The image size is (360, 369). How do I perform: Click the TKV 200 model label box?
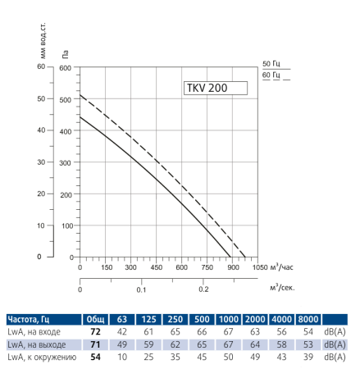(x=212, y=89)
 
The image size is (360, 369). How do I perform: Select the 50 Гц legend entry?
(x=270, y=63)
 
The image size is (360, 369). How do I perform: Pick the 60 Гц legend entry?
(x=270, y=75)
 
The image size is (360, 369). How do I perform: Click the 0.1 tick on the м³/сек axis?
(x=142, y=289)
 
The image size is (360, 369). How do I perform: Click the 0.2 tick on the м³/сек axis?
(x=203, y=289)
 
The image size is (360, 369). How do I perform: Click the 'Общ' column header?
(x=95, y=318)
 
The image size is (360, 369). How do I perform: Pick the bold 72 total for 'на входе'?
(x=95, y=331)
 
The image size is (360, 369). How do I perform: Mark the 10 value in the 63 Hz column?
(x=123, y=358)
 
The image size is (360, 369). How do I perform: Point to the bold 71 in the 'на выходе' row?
(x=95, y=344)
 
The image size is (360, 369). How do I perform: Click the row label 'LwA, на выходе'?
(x=37, y=344)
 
